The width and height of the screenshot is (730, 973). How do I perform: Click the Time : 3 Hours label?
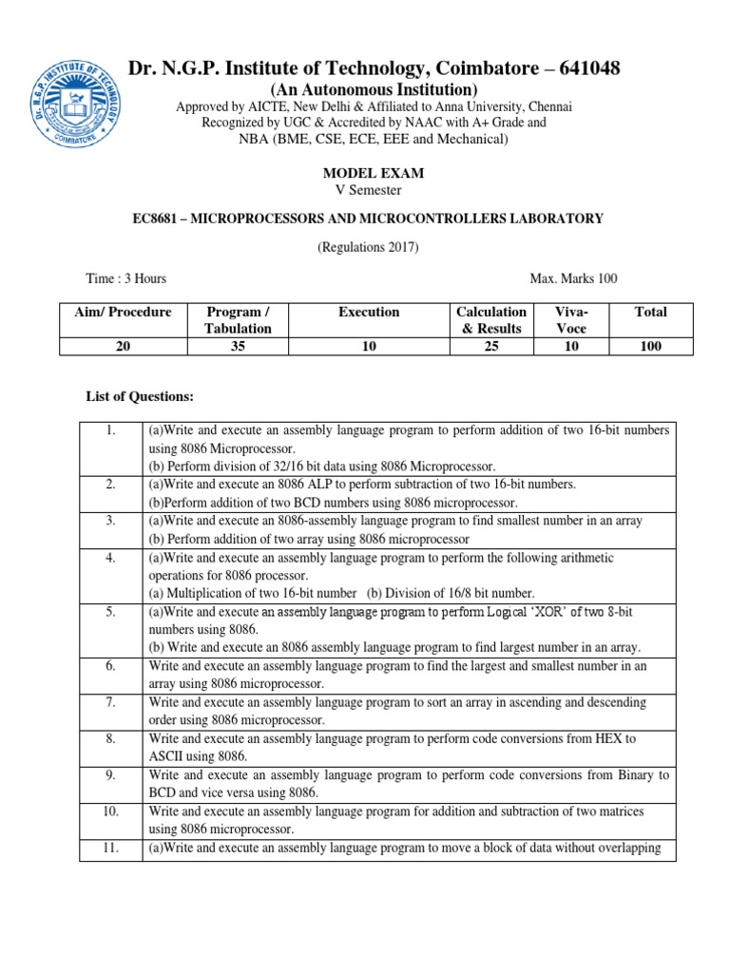tap(126, 278)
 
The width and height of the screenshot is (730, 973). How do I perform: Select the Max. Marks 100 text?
tap(573, 278)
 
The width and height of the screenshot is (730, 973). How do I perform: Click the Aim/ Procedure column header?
tap(115, 312)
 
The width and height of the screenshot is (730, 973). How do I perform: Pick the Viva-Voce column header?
tap(572, 319)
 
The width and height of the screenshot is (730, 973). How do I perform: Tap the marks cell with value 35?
tap(238, 347)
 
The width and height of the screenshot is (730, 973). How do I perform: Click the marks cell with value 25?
tap(490, 347)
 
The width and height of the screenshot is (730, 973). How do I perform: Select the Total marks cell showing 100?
tap(651, 347)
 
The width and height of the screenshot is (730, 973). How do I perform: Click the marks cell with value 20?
tap(115, 347)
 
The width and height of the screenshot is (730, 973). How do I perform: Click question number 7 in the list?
tap(111, 702)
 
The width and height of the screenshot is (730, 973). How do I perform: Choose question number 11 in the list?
tap(111, 849)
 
